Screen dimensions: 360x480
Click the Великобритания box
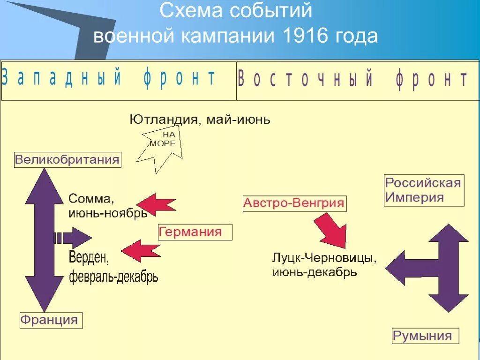pos(67,159)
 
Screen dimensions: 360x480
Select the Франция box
pos(49,320)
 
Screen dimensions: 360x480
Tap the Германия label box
pos(195,232)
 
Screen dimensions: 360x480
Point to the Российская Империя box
pos(423,190)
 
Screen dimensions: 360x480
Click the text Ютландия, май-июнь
pos(200,120)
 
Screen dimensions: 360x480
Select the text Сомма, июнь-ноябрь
pos(108,205)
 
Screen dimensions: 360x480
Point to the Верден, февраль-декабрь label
pos(113,267)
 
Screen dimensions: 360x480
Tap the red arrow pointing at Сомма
pos(157,204)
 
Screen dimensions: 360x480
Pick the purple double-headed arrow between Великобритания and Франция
pos(44,239)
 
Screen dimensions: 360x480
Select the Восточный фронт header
pos(352,80)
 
